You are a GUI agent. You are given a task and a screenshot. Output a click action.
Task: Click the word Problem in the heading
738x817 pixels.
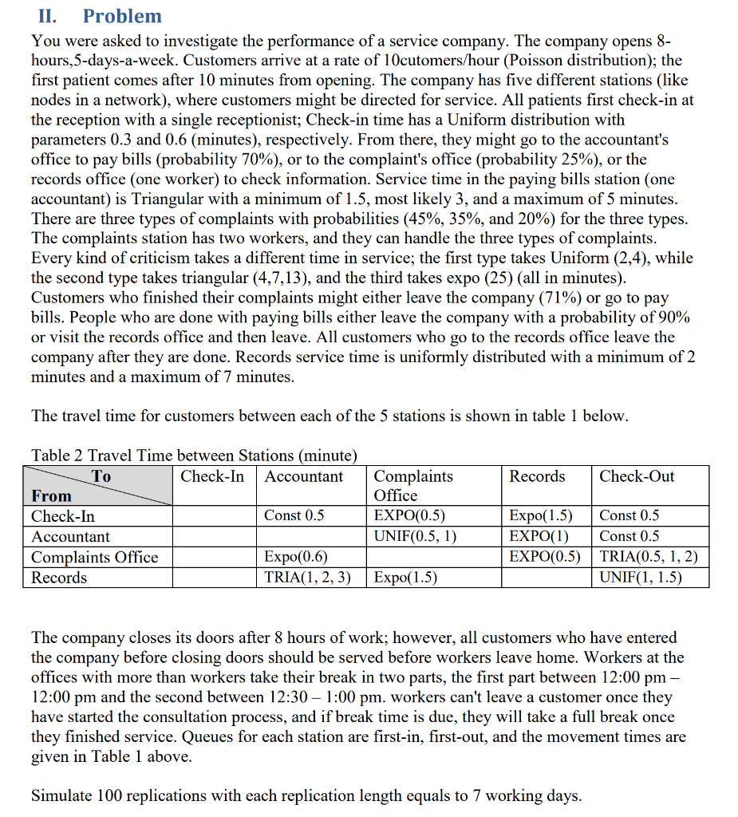tap(122, 16)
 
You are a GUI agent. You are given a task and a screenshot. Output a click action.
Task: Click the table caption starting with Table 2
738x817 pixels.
tap(193, 456)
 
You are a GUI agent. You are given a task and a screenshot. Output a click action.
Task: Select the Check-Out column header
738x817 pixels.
tap(637, 476)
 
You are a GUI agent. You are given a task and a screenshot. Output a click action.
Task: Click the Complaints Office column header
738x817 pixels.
tap(413, 485)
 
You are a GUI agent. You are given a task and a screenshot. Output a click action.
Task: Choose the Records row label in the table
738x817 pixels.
tap(59, 577)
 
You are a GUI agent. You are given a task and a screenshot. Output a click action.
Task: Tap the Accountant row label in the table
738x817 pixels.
tap(70, 536)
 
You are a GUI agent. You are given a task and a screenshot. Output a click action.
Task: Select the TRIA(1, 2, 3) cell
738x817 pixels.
tap(307, 577)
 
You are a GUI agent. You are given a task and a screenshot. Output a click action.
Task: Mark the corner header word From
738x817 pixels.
tap(51, 495)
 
